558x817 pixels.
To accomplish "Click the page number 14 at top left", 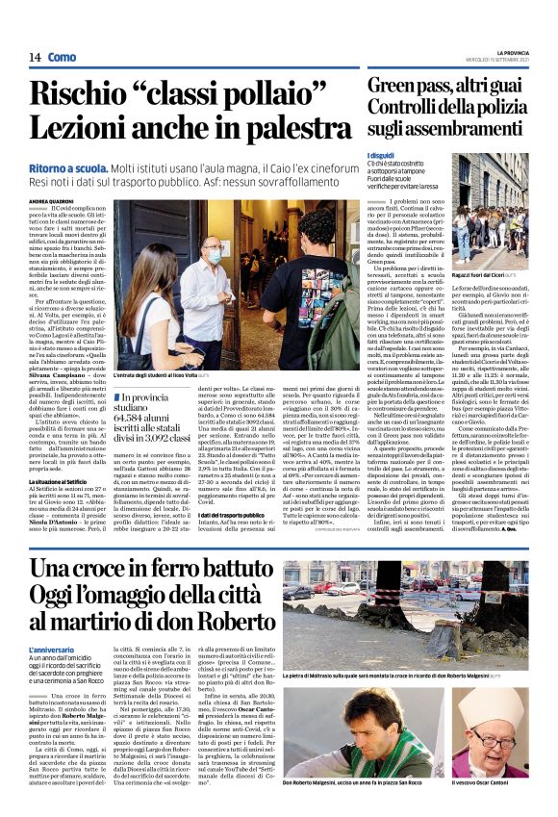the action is point(34,58).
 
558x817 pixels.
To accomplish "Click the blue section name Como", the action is point(62,58).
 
